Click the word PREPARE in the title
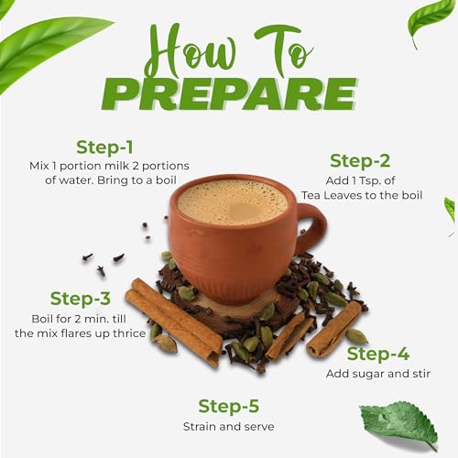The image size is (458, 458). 229,95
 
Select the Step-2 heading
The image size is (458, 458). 360,161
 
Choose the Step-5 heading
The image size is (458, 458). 228,405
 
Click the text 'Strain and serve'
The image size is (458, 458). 228,426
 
